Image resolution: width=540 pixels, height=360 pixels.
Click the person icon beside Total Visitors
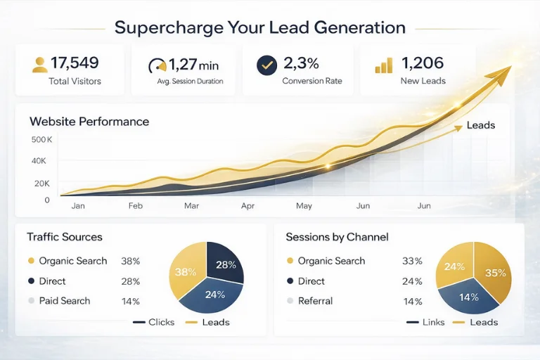pos(40,65)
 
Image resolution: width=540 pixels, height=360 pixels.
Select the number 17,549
pos(75,63)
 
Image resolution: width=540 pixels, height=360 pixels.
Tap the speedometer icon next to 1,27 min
pos(157,65)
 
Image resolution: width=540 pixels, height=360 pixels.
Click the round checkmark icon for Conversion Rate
pos(267,65)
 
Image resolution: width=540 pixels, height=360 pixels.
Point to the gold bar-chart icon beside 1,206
pos(384,65)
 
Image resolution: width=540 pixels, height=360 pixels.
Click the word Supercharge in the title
pos(169,27)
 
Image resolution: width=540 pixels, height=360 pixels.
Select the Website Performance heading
pos(89,122)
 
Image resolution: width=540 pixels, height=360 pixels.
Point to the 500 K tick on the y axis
pos(41,139)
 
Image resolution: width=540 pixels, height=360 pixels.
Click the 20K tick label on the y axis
pos(42,184)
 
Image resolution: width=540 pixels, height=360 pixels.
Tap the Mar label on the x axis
pos(191,206)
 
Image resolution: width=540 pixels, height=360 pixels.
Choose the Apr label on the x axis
pos(247,206)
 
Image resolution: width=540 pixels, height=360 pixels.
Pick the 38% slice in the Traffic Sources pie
pos(186,271)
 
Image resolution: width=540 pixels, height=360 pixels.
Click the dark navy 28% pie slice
pos(224,262)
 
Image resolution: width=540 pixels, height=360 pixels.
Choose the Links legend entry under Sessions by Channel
pos(425,322)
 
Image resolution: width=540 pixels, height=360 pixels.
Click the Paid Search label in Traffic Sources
pos(65,301)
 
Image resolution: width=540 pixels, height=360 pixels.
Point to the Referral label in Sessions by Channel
pos(315,301)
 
